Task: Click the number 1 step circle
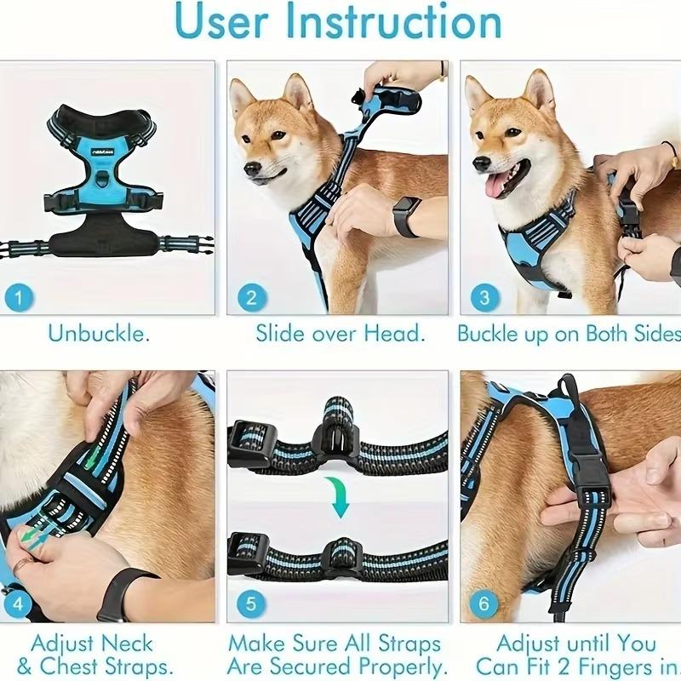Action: click(x=20, y=298)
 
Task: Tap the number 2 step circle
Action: click(x=251, y=298)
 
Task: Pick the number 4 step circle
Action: click(x=20, y=604)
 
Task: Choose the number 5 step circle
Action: click(x=251, y=604)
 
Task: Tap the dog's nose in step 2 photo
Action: click(x=252, y=169)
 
